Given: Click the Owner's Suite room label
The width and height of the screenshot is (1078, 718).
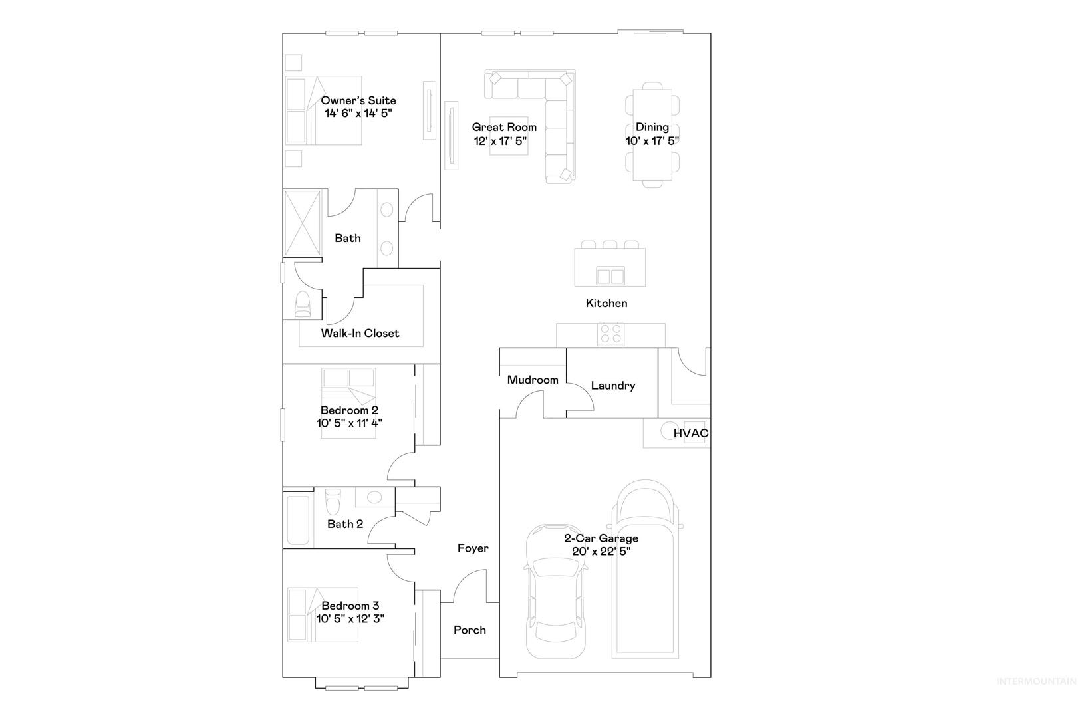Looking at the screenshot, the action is [x=358, y=100].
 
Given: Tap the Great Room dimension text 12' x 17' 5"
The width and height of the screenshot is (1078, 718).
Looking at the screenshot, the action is [x=501, y=141].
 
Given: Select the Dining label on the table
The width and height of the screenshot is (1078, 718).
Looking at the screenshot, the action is [x=652, y=127].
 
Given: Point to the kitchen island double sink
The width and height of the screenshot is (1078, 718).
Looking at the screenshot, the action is [x=610, y=276].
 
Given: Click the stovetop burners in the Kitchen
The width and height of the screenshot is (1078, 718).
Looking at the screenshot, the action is [x=610, y=334].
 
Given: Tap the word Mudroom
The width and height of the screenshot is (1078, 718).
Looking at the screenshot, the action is [x=533, y=380].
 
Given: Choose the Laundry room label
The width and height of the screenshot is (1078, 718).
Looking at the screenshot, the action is [x=613, y=386].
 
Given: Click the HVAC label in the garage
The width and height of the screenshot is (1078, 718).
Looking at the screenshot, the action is [x=690, y=433].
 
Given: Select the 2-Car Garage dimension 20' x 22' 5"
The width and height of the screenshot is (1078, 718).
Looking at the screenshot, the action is [x=601, y=552].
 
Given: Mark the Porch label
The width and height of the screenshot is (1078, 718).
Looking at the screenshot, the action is [x=470, y=630].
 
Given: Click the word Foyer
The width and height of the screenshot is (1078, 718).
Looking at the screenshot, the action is [x=473, y=548].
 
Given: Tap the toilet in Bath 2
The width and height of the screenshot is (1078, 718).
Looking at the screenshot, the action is [x=333, y=502].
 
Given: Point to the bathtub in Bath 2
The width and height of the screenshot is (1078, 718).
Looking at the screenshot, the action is [x=298, y=520].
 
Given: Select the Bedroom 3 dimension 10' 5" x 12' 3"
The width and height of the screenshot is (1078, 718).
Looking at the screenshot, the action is [x=350, y=619].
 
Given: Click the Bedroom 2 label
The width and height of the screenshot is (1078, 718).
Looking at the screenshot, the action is [x=349, y=410].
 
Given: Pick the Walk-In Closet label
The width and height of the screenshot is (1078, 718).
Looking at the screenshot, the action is [x=360, y=334].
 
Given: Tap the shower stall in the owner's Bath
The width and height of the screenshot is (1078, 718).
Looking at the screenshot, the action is [x=302, y=223].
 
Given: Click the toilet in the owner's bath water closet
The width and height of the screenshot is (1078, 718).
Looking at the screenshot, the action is [x=303, y=304].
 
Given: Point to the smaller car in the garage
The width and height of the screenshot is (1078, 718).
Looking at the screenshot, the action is [x=556, y=591].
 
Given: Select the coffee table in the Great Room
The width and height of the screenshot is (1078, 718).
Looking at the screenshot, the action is [x=509, y=136].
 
